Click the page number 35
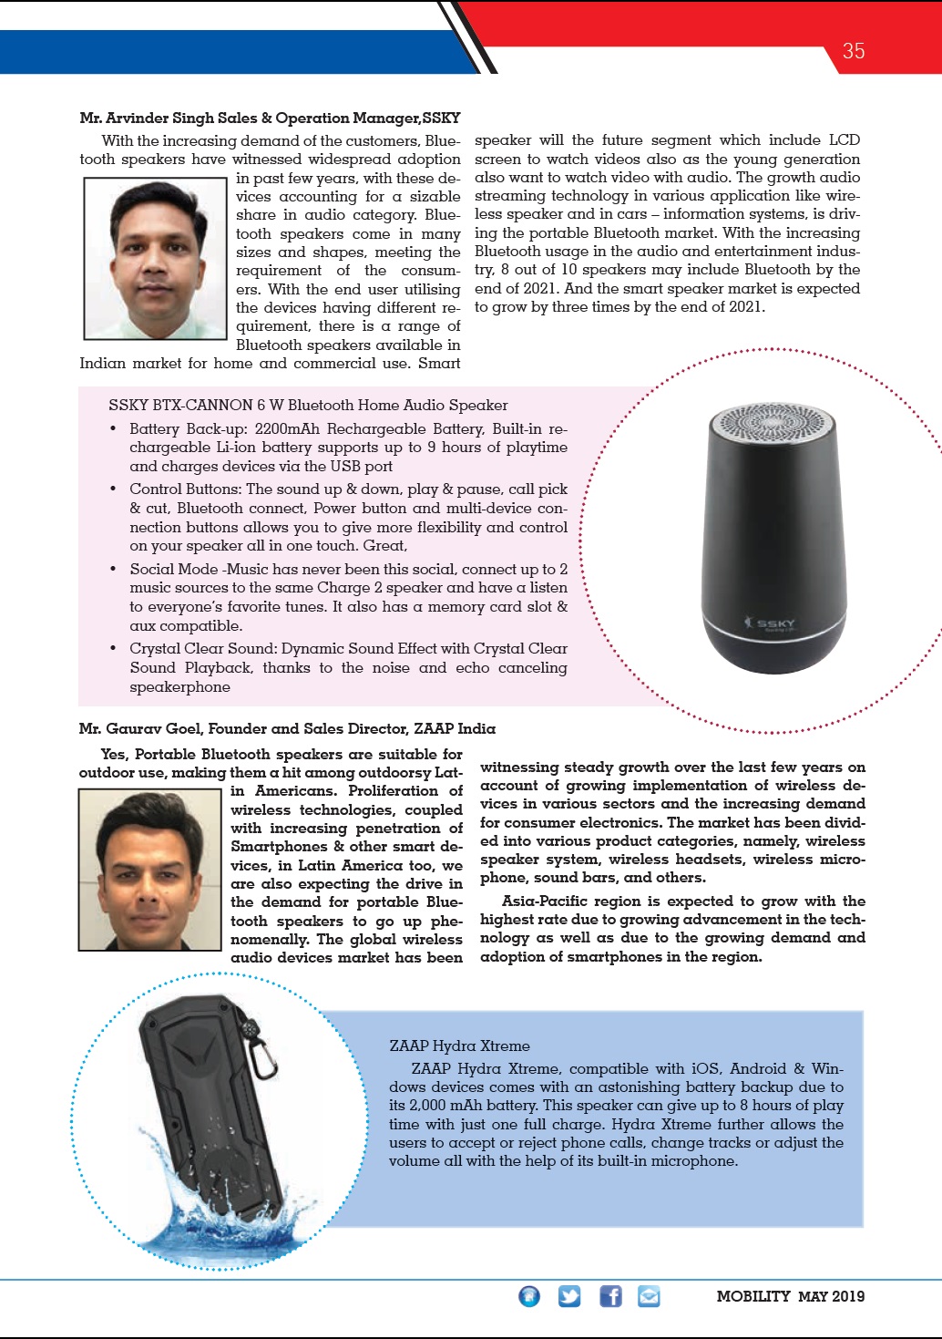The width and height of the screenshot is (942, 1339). (853, 51)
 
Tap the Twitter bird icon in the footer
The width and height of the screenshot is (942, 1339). (569, 1295)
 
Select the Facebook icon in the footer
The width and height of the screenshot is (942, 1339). (610, 1295)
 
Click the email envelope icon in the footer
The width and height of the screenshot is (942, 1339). (649, 1295)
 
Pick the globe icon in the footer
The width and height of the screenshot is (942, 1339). (529, 1295)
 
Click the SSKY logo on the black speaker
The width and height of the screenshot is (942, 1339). (771, 623)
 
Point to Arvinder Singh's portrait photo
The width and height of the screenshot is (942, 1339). (155, 259)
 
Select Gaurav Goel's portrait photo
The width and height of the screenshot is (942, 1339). (150, 870)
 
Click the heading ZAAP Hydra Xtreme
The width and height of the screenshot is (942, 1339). (459, 1045)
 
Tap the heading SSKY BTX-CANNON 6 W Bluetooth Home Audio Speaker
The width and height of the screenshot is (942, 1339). (308, 405)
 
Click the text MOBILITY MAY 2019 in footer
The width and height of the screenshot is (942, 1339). (790, 1296)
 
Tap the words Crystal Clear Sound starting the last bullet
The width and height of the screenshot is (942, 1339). (202, 648)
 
